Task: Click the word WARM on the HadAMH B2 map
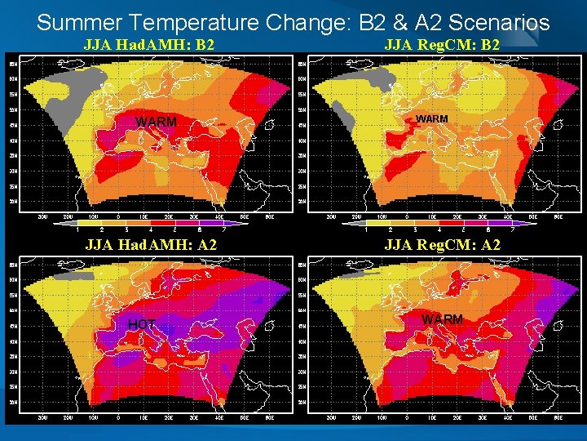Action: tap(156, 122)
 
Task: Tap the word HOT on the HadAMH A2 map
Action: tap(141, 325)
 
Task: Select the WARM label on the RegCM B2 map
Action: tap(431, 119)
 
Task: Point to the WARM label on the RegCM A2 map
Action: tap(443, 319)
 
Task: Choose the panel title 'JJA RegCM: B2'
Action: tap(442, 44)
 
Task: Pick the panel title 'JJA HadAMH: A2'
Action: tap(151, 244)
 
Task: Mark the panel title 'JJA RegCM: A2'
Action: tap(442, 244)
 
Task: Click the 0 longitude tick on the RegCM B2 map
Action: tap(407, 217)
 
